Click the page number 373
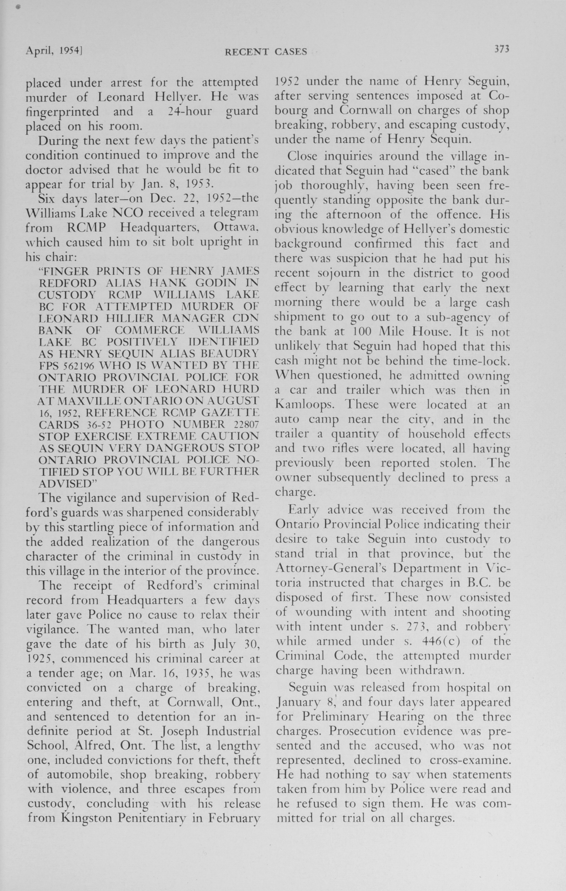coord(502,49)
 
